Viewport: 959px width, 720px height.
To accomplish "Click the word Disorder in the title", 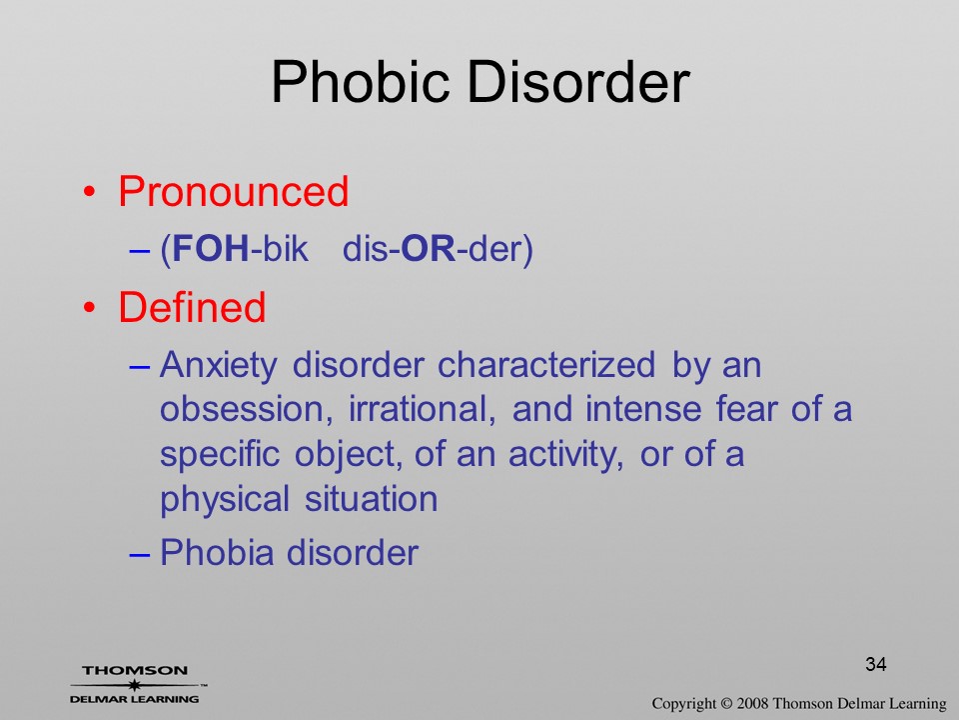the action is point(579,81).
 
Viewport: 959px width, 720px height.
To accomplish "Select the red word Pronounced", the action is point(233,191).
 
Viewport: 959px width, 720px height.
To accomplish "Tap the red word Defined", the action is point(192,307).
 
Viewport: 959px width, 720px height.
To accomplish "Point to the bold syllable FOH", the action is point(211,249).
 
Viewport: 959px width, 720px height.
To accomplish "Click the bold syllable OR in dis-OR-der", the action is point(429,249).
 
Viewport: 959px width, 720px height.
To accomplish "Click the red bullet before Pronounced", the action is point(89,192).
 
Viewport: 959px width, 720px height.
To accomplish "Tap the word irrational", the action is point(422,409).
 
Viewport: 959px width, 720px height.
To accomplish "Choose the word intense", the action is point(642,409).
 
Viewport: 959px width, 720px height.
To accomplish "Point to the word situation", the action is point(372,498).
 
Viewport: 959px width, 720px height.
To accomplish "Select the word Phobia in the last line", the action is point(217,552).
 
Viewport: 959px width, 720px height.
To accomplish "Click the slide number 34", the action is point(876,664).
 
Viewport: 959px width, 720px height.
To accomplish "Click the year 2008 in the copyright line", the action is point(752,703).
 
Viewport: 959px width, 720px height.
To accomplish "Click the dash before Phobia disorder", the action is point(140,554).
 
